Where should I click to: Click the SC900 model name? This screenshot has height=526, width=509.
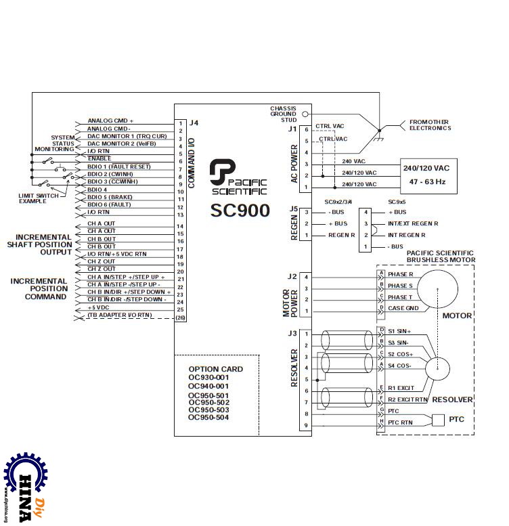click(x=240, y=209)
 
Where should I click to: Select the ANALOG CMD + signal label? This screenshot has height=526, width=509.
click(x=110, y=121)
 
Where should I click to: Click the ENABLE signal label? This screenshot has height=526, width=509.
click(x=99, y=158)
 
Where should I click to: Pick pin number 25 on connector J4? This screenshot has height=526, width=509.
click(x=180, y=309)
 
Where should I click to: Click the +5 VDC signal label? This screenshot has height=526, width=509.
click(x=99, y=307)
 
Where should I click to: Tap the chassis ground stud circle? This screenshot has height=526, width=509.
click(x=305, y=114)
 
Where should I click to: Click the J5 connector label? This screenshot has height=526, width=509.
click(x=292, y=209)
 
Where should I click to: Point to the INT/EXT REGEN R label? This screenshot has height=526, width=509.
click(x=412, y=223)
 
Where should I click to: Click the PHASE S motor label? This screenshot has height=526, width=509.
click(x=400, y=286)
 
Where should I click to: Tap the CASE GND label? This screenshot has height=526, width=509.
click(x=403, y=309)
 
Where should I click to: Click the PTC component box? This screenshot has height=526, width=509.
click(x=439, y=420)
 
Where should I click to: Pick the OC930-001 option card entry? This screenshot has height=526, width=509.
click(x=208, y=378)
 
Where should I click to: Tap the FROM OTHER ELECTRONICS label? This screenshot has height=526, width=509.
click(x=430, y=125)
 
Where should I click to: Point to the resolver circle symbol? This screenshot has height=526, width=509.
click(x=437, y=369)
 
